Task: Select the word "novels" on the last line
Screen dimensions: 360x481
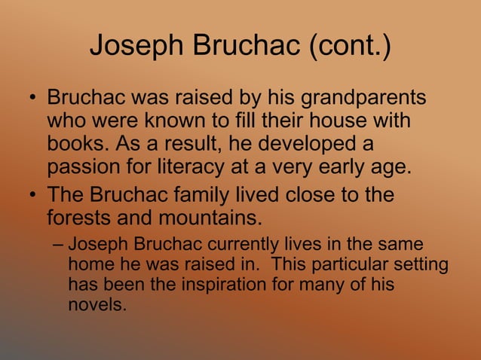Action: (97, 306)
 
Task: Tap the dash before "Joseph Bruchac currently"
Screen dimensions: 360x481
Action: (59, 245)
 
